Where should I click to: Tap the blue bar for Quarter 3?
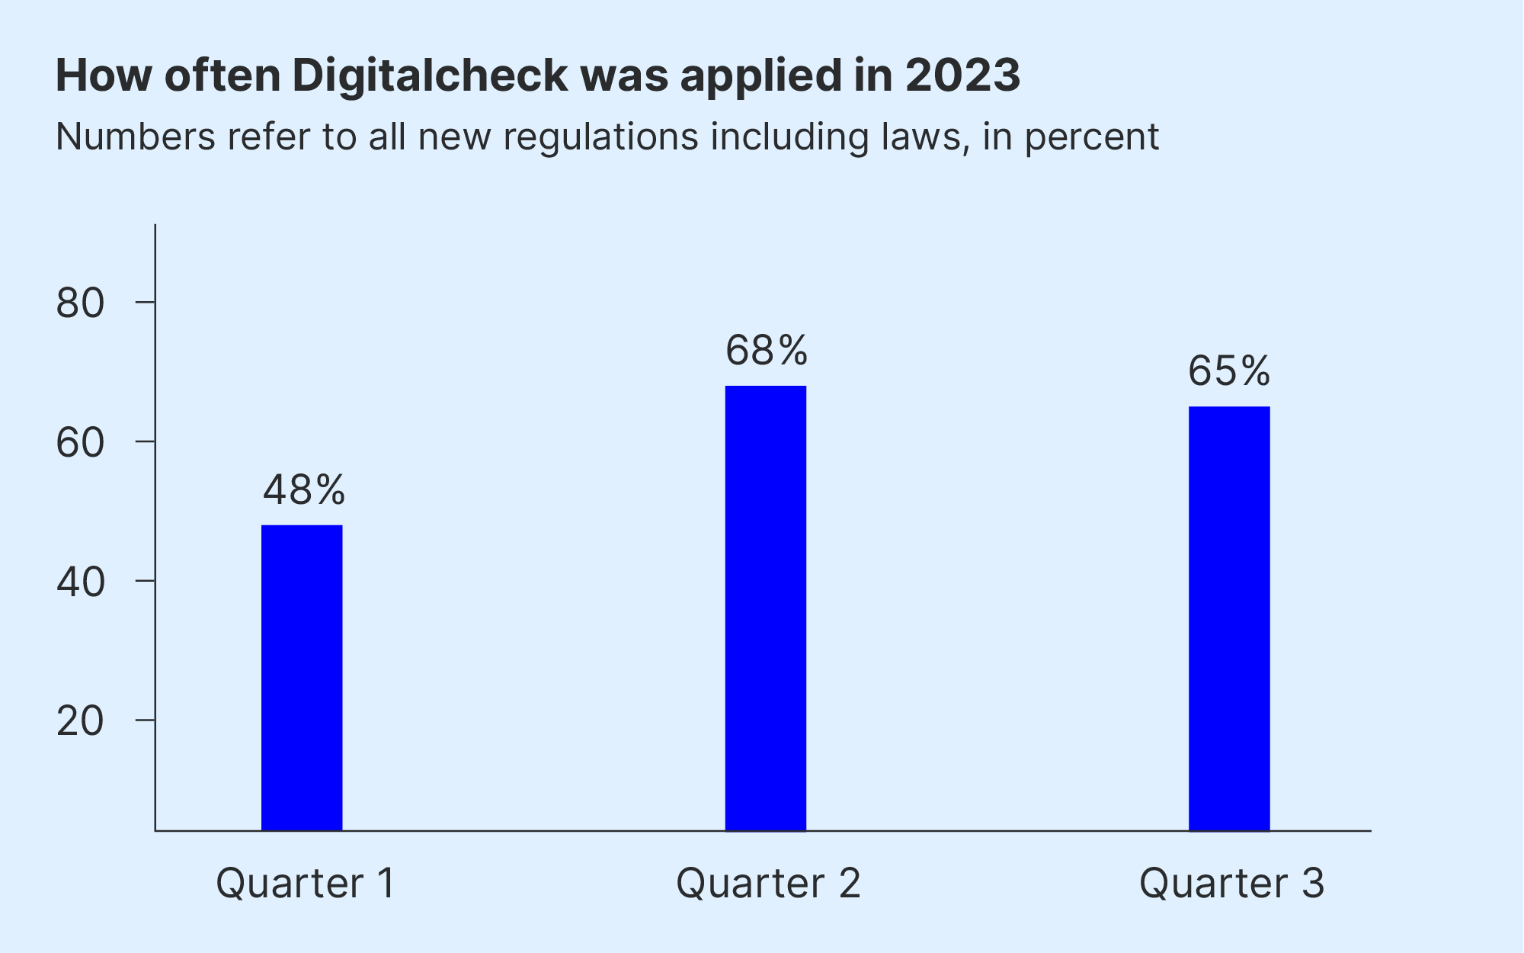1228,618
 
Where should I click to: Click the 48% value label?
304,489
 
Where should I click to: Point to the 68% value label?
766,351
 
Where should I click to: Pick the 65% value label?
1229,371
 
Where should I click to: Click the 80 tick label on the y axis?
80,303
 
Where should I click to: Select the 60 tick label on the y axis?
80,443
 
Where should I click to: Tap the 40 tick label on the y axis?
80,582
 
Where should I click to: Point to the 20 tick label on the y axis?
80,721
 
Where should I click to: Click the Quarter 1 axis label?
306,884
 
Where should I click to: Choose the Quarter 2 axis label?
768,884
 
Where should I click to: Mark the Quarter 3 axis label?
1231,884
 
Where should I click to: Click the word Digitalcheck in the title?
430,75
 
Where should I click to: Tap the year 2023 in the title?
962,75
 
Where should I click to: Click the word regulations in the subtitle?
600,137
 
